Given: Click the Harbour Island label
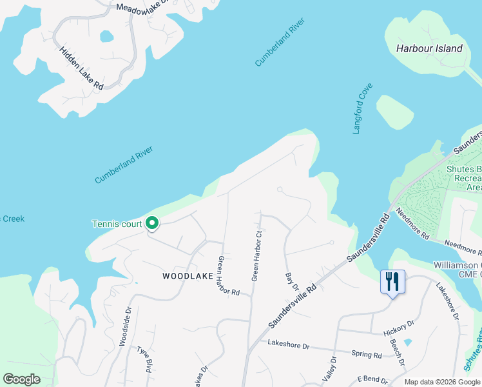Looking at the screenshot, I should pyautogui.click(x=429, y=48).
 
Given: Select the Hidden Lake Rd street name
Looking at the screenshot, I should pyautogui.click(x=81, y=68).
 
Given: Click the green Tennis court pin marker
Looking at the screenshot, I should pyautogui.click(x=152, y=223).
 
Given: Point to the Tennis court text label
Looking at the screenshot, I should pyautogui.click(x=117, y=224).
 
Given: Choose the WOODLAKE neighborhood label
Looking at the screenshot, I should pyautogui.click(x=188, y=276).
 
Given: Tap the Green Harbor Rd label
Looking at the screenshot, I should pyautogui.click(x=229, y=276).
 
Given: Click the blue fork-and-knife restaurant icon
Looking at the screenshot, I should pyautogui.click(x=392, y=281).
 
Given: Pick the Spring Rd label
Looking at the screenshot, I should pyautogui.click(x=367, y=353).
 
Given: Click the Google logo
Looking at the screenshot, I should pyautogui.click(x=21, y=379).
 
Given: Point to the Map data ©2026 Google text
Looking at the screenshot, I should pyautogui.click(x=442, y=382).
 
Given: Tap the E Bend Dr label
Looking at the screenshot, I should pyautogui.click(x=371, y=381).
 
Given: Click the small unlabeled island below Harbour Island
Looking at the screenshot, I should pyautogui.click(x=394, y=111).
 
